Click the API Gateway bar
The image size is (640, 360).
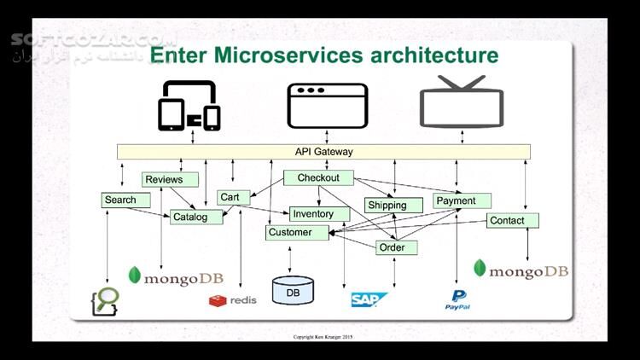[323, 152]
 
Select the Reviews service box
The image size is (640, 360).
[170, 179]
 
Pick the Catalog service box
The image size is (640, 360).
[195, 217]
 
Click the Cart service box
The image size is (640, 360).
[233, 197]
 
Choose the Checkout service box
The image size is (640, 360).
[318, 178]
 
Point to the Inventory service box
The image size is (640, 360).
[318, 213]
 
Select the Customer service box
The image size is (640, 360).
[296, 232]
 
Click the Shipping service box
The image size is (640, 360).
[393, 205]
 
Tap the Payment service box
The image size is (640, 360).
[462, 201]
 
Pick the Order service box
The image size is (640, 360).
[396, 247]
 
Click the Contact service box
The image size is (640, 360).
[512, 220]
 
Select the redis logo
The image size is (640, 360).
[233, 300]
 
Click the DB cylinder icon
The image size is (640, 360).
[293, 290]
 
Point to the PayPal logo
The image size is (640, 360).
[457, 299]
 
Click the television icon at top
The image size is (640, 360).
[462, 103]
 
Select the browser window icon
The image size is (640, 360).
[328, 106]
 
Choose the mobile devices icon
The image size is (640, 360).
[189, 106]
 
